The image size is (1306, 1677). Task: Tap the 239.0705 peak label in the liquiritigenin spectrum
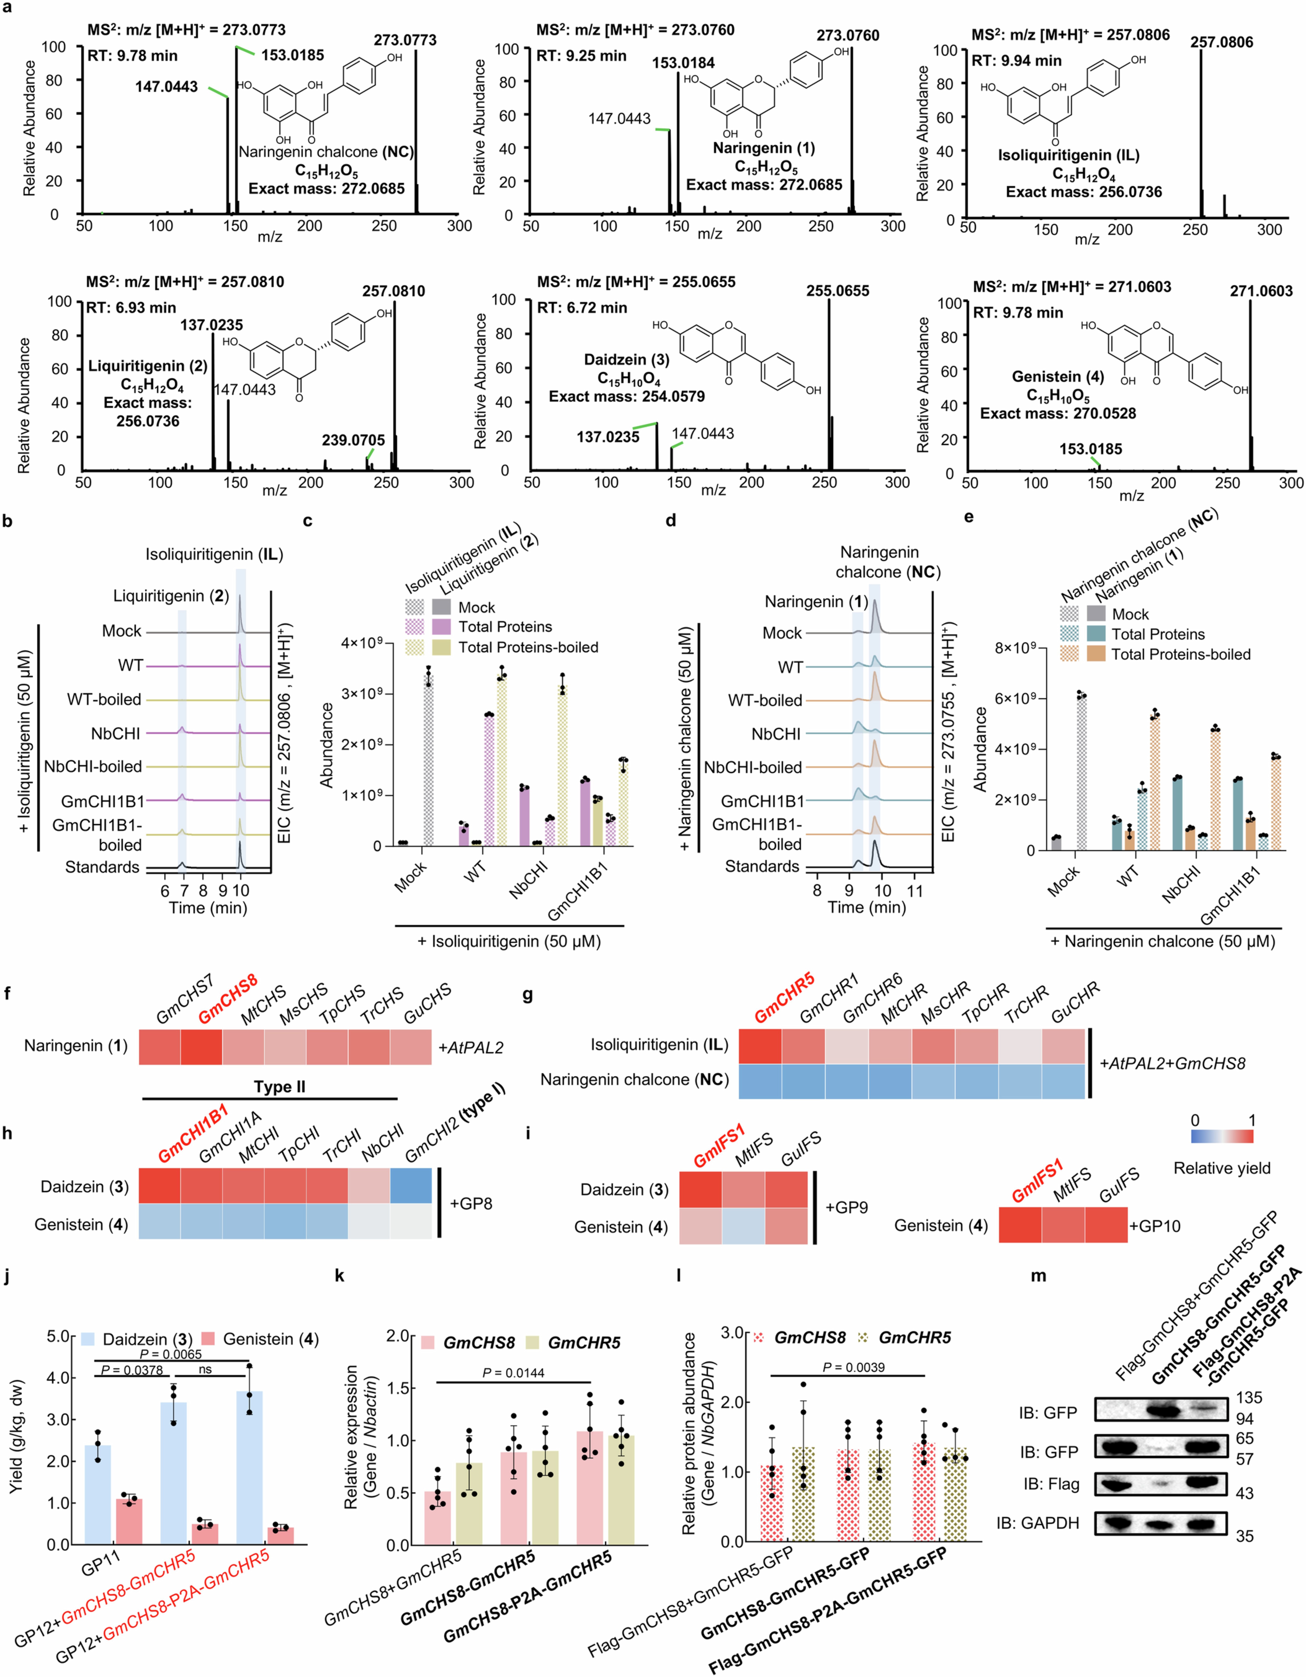353,440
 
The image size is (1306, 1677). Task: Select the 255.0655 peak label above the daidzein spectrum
837,291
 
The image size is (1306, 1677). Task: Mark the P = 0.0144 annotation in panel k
513,1372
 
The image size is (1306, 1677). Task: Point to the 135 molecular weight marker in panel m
1249,1398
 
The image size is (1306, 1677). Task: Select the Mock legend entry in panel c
476,607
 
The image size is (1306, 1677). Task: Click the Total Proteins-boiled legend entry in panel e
1181,654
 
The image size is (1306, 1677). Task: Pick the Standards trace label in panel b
102,867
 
